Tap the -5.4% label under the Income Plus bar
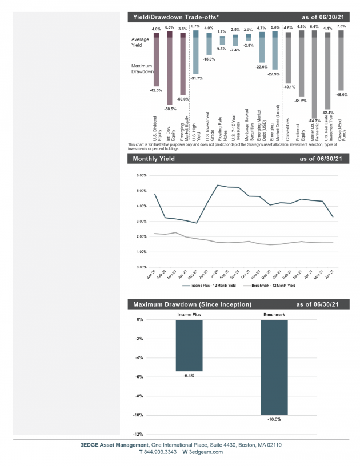tap(189, 376)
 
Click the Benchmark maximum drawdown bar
tap(274, 367)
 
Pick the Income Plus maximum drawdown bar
tap(189, 345)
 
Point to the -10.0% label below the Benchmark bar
tap(274, 419)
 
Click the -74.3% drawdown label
tap(313, 121)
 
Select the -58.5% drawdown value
tap(169, 109)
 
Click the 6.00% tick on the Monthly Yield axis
tap(142, 175)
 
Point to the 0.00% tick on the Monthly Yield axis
tap(142, 267)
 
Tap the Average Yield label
tap(141, 42)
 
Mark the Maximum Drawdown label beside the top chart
tap(142, 69)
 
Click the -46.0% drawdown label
tap(341, 94)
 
